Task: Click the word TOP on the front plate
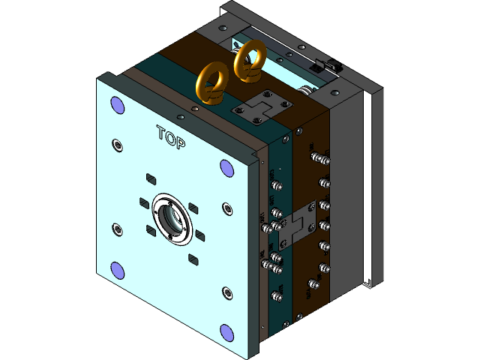tap(171, 136)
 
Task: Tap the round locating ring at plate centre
tap(171, 218)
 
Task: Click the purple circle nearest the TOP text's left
tap(117, 104)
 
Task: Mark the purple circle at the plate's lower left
tap(117, 270)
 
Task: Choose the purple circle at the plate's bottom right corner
tap(226, 331)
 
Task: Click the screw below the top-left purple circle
tap(115, 144)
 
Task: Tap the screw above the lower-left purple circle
tap(115, 229)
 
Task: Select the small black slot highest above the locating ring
tap(150, 178)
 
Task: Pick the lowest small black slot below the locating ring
tap(193, 259)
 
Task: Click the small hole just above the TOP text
tap(180, 117)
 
